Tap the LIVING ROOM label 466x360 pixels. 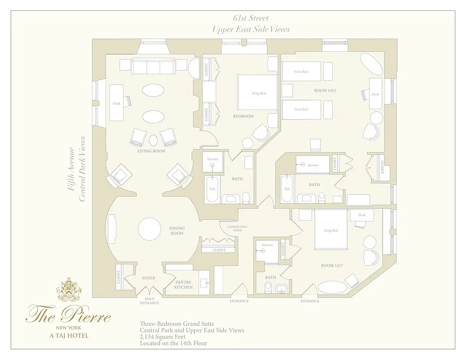[x=151, y=151]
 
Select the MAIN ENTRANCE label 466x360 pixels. [x=149, y=301]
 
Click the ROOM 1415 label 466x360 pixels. [x=325, y=90]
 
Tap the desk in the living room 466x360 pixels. [x=116, y=103]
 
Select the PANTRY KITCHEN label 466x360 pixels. [x=184, y=284]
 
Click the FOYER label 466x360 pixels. [x=148, y=278]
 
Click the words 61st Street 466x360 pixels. [x=251, y=18]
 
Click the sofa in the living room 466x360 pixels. [x=153, y=67]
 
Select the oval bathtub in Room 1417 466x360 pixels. [x=332, y=288]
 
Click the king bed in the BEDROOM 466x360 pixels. [x=258, y=93]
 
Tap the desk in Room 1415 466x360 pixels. [x=376, y=94]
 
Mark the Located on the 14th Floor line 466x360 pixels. [x=174, y=343]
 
